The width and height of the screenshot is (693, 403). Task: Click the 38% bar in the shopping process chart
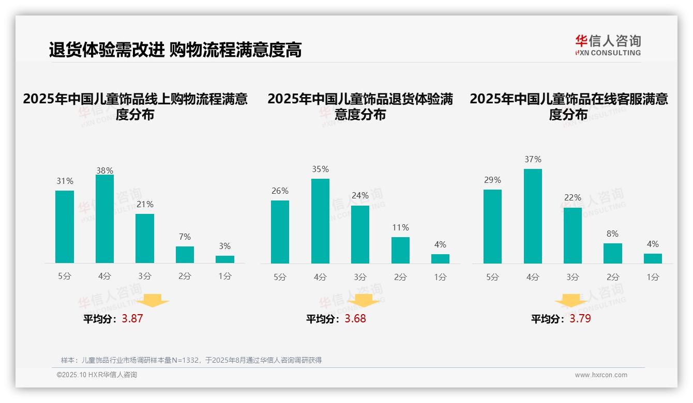tap(104, 219)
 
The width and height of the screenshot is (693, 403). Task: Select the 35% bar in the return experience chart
tap(320, 221)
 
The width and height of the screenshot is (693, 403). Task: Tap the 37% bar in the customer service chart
tap(533, 216)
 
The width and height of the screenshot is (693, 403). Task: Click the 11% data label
tap(400, 227)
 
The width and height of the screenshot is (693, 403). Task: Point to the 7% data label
tap(185, 237)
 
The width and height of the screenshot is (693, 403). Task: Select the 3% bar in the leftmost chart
tap(225, 259)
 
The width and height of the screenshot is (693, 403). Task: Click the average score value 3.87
tap(132, 318)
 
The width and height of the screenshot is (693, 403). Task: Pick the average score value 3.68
tap(355, 318)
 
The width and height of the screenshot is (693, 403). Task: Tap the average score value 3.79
tap(580, 318)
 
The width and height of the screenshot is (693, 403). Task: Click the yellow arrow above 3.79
tap(571, 300)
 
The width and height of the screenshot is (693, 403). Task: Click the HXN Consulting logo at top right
tap(608, 45)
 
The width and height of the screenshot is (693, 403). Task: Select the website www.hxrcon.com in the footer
tap(601, 375)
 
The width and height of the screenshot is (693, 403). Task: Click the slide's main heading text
tap(175, 50)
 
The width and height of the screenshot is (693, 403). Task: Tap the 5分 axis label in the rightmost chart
tap(492, 277)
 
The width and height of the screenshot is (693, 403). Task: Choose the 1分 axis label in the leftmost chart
tap(225, 276)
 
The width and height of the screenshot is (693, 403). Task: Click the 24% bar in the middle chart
tap(360, 235)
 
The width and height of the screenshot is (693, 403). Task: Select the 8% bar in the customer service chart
tap(613, 254)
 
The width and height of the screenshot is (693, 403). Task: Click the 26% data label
tap(280, 191)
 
